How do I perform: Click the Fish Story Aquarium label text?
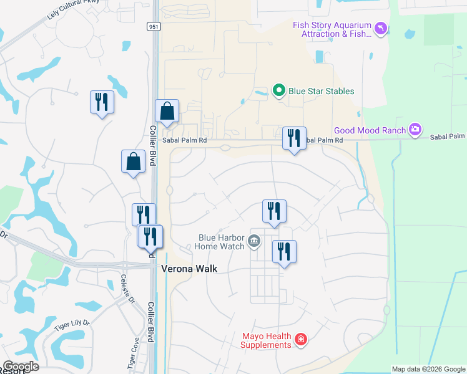point(332,29)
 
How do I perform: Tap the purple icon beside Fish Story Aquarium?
point(381,29)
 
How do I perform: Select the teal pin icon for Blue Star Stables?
point(280,91)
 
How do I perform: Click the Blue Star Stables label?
point(321,91)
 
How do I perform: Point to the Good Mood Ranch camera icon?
point(415,130)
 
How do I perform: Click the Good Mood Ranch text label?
point(370,130)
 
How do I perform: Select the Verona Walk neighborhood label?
point(189,269)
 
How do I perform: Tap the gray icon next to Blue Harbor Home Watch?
point(254,241)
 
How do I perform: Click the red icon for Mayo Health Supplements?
point(301,340)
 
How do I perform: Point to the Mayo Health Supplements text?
point(266,340)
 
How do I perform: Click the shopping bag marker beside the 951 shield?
point(167,112)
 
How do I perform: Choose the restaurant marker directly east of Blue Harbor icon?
point(284,252)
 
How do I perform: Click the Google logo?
point(21,367)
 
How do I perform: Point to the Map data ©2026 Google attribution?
point(428,369)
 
